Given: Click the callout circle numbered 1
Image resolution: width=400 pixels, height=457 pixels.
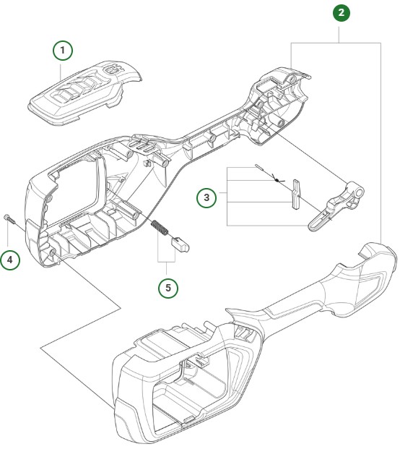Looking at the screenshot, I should click(64, 50).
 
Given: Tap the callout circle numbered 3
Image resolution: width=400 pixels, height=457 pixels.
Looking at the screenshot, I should click(207, 197).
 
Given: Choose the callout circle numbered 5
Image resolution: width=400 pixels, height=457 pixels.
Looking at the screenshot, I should click(170, 286).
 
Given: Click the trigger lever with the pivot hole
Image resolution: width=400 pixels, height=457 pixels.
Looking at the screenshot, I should click(334, 210).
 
